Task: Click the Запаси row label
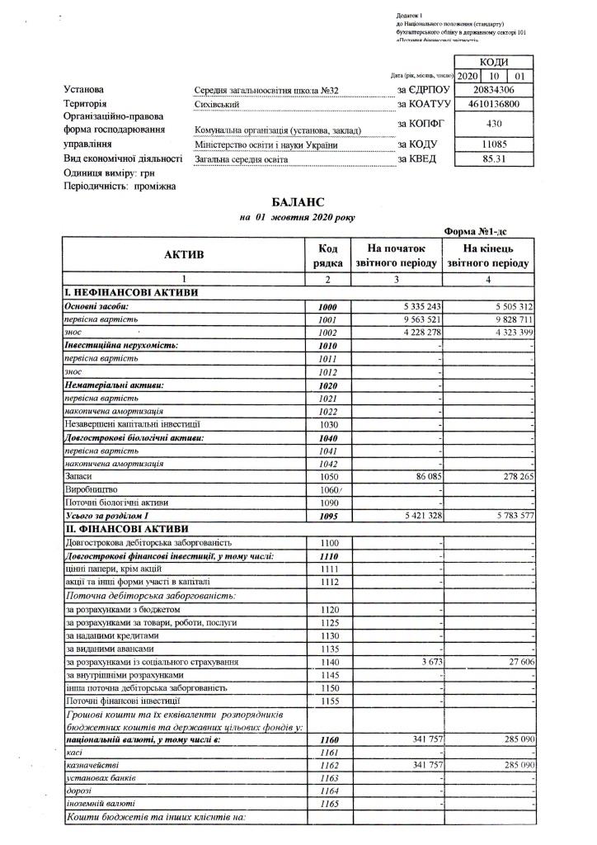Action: [78, 477]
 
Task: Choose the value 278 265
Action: [512, 477]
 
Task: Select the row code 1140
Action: [327, 663]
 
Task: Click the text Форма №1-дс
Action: [475, 233]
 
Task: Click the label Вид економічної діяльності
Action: [123, 158]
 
